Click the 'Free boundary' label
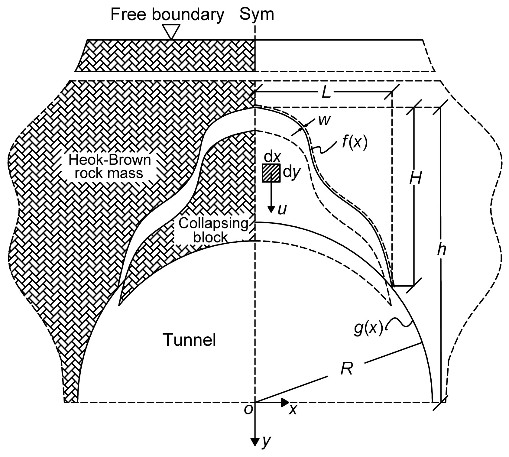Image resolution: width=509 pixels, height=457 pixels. point(167,15)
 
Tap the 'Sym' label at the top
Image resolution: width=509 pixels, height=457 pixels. point(257,15)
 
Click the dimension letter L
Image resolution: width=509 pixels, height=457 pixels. point(326,93)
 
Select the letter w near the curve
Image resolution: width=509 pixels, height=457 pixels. point(324,121)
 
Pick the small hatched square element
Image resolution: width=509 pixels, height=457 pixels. point(271,173)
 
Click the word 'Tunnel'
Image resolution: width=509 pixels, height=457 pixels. point(190,340)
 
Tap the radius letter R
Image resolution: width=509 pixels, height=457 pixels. point(346,368)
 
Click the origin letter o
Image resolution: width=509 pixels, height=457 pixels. point(248,410)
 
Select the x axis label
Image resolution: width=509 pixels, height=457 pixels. point(293,410)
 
